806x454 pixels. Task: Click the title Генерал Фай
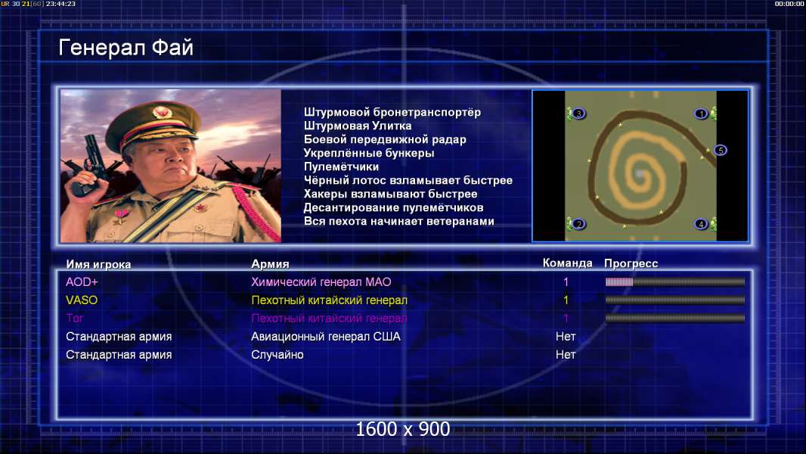(x=126, y=48)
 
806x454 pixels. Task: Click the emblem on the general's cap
(x=162, y=112)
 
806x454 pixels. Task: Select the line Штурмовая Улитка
(x=357, y=126)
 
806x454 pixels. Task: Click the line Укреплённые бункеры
(x=368, y=153)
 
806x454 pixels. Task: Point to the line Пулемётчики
(x=341, y=167)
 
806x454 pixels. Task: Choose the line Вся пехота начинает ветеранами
(x=398, y=222)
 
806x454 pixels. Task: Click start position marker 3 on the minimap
(x=578, y=113)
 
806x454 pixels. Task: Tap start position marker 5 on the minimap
(x=721, y=150)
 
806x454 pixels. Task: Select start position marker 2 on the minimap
(x=579, y=224)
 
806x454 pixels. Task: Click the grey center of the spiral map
(x=639, y=174)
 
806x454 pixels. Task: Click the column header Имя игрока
(x=98, y=264)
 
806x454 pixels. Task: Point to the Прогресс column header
(x=631, y=263)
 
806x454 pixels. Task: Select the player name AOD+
(x=82, y=281)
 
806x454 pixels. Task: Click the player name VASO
(x=81, y=300)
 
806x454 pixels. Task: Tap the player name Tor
(x=75, y=319)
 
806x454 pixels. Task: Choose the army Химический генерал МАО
(x=321, y=281)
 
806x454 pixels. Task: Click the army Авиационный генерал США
(x=325, y=337)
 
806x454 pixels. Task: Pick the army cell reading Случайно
(x=277, y=355)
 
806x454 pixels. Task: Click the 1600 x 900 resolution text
(x=402, y=429)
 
